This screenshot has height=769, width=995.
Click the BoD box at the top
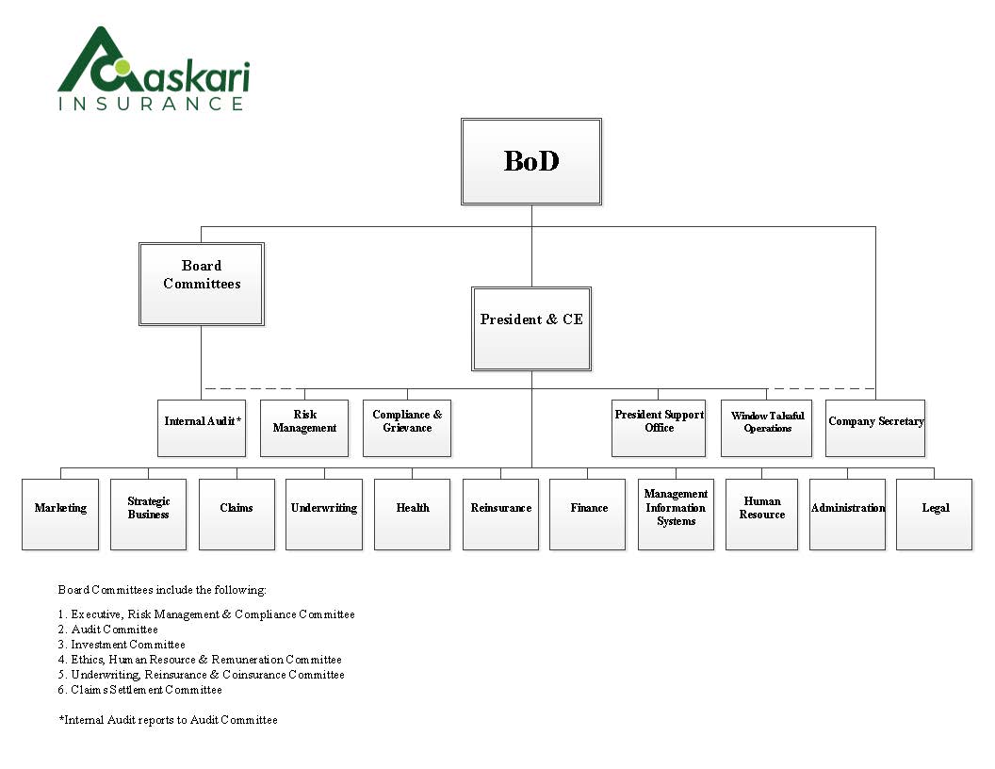[531, 161]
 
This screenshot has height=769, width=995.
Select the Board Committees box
[202, 284]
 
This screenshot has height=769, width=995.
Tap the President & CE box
[531, 329]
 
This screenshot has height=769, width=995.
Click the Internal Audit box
[202, 428]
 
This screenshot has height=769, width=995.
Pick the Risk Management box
[304, 428]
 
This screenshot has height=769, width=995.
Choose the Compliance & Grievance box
[407, 428]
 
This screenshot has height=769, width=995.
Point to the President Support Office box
[659, 428]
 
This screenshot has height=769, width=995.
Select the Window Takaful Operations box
[767, 428]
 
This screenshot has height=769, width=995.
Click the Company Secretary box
[875, 428]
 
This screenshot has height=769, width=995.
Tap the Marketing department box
[60, 514]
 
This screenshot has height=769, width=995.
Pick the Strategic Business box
[148, 514]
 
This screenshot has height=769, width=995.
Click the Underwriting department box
[324, 514]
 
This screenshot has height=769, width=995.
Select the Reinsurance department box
[500, 514]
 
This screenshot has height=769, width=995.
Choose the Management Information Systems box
[676, 514]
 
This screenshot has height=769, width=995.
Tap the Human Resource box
[762, 514]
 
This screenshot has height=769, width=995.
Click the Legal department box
[935, 514]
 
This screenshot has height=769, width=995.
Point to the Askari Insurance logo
[154, 70]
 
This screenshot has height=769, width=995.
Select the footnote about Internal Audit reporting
[169, 720]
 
